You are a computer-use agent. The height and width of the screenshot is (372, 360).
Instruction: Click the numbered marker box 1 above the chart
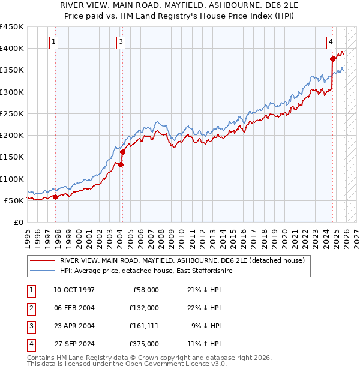54,42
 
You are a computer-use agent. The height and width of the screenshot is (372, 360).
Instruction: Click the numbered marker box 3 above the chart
121,42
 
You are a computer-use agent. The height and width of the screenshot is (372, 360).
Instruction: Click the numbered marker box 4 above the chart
331,42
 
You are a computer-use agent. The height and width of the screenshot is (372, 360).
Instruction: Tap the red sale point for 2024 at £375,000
332,59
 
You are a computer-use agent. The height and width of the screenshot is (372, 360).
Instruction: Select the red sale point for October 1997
56,197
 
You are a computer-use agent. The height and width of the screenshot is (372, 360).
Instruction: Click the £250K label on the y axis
12,113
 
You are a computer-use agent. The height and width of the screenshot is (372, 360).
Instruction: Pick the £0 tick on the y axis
19,222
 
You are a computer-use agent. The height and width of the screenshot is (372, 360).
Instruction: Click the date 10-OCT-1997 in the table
74,290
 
